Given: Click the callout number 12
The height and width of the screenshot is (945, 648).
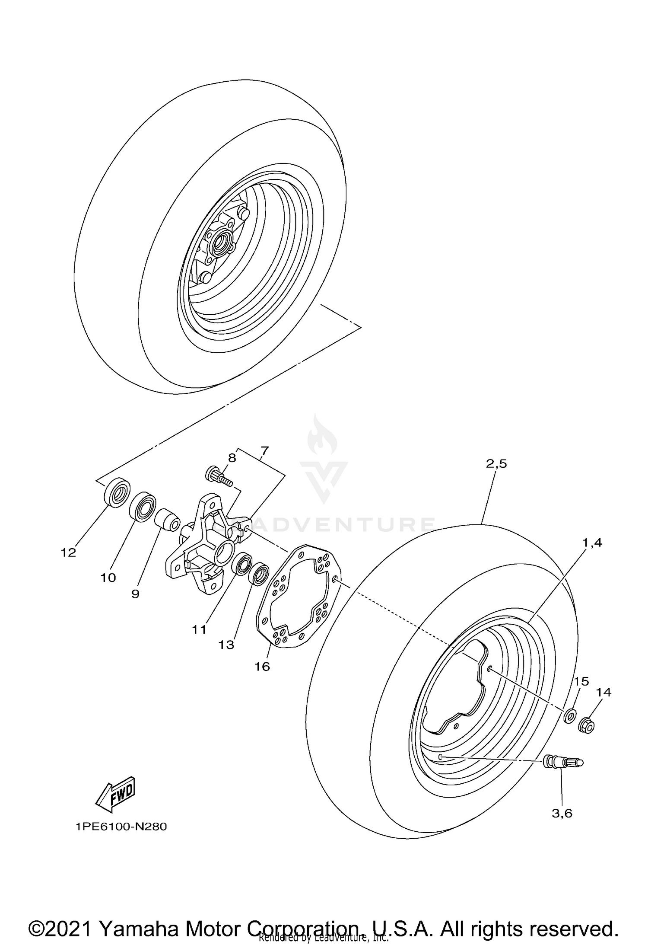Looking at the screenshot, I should (68, 552).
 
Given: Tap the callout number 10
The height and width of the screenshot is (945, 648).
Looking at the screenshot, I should (108, 578).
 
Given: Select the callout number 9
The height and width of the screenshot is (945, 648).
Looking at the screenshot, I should (135, 594).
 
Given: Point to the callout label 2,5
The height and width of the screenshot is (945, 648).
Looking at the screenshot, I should (496, 464).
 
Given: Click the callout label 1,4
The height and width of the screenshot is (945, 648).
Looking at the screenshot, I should (592, 543).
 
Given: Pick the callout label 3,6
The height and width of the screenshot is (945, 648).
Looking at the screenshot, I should (562, 813).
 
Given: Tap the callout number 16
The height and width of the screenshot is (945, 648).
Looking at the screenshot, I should (262, 666).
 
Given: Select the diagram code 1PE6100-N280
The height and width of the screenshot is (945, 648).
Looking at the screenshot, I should (121, 827).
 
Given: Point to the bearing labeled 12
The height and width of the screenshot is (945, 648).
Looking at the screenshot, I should (117, 492).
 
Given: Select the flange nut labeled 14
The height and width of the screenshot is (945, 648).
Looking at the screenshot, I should (587, 725).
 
